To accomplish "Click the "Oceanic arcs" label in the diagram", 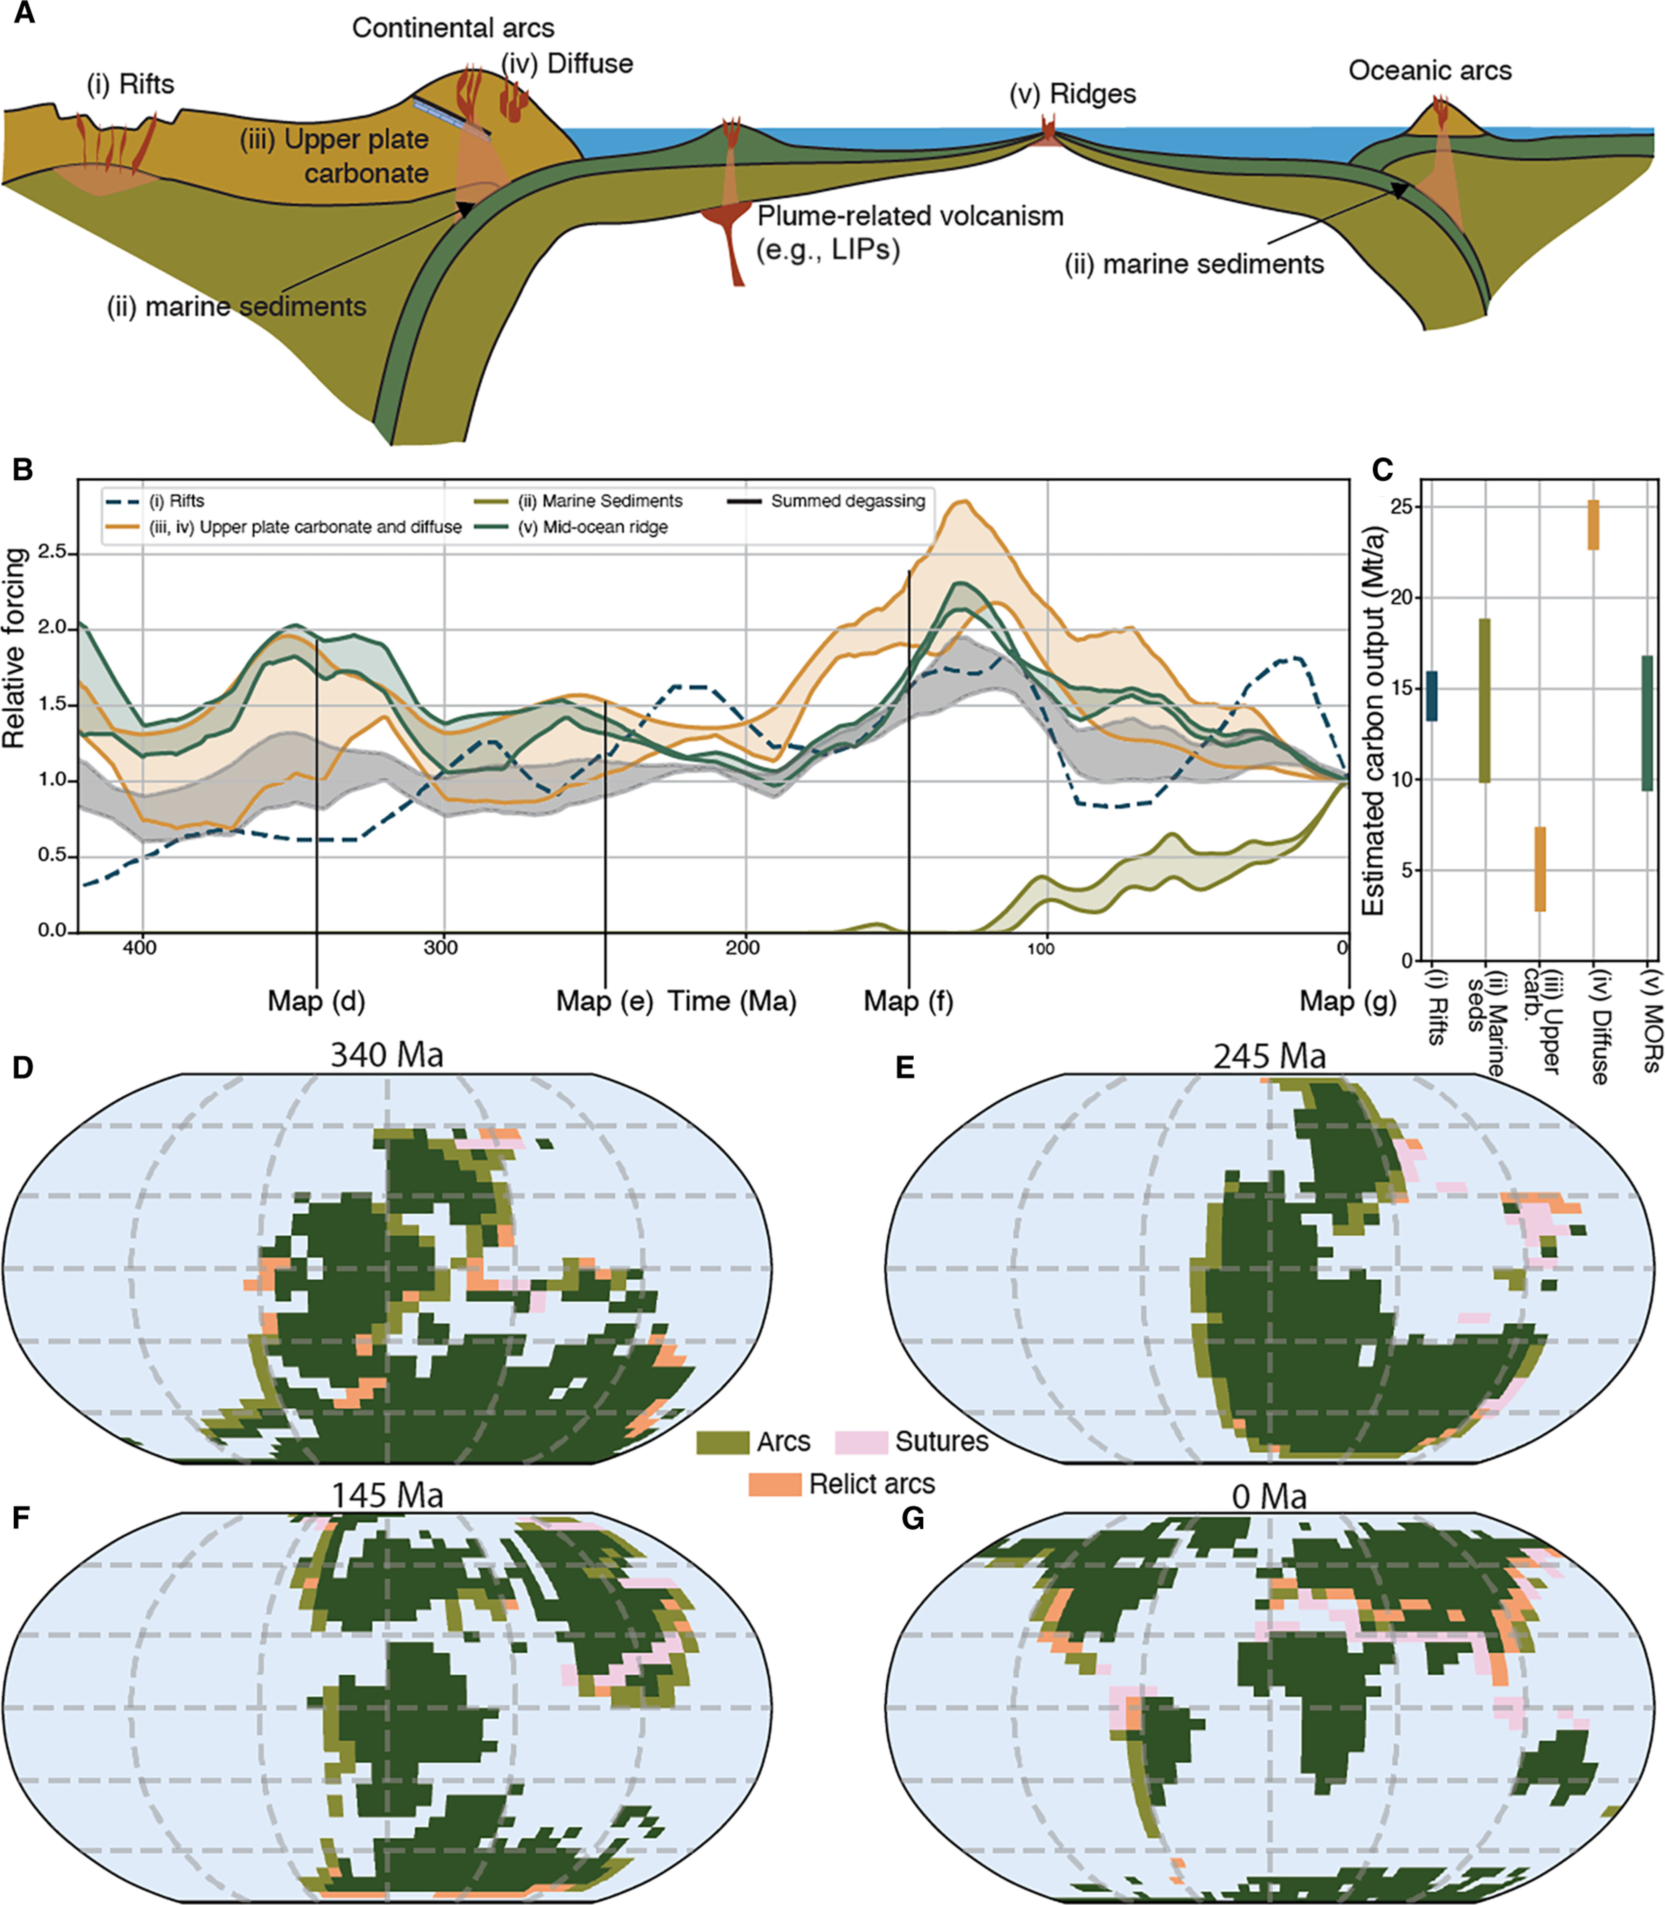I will pyautogui.click(x=1430, y=70).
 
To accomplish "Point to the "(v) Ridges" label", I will pyautogui.click(x=1073, y=94).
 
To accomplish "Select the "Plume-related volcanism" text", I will pyautogui.click(x=909, y=216).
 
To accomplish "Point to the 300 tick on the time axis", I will pyautogui.click(x=441, y=947).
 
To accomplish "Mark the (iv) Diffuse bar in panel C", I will pyautogui.click(x=1592, y=525).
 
